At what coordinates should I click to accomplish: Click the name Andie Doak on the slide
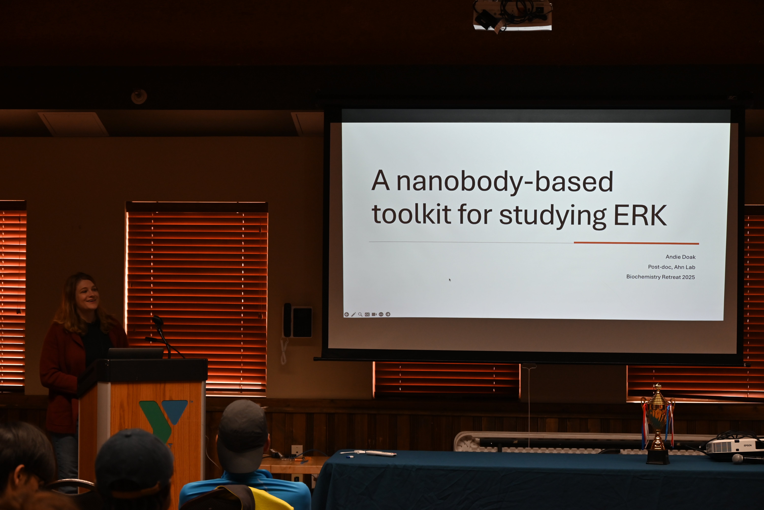[680, 257]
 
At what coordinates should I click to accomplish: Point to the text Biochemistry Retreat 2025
[661, 277]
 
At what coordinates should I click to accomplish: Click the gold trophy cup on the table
[658, 423]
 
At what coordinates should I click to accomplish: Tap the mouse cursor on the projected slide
[450, 280]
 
